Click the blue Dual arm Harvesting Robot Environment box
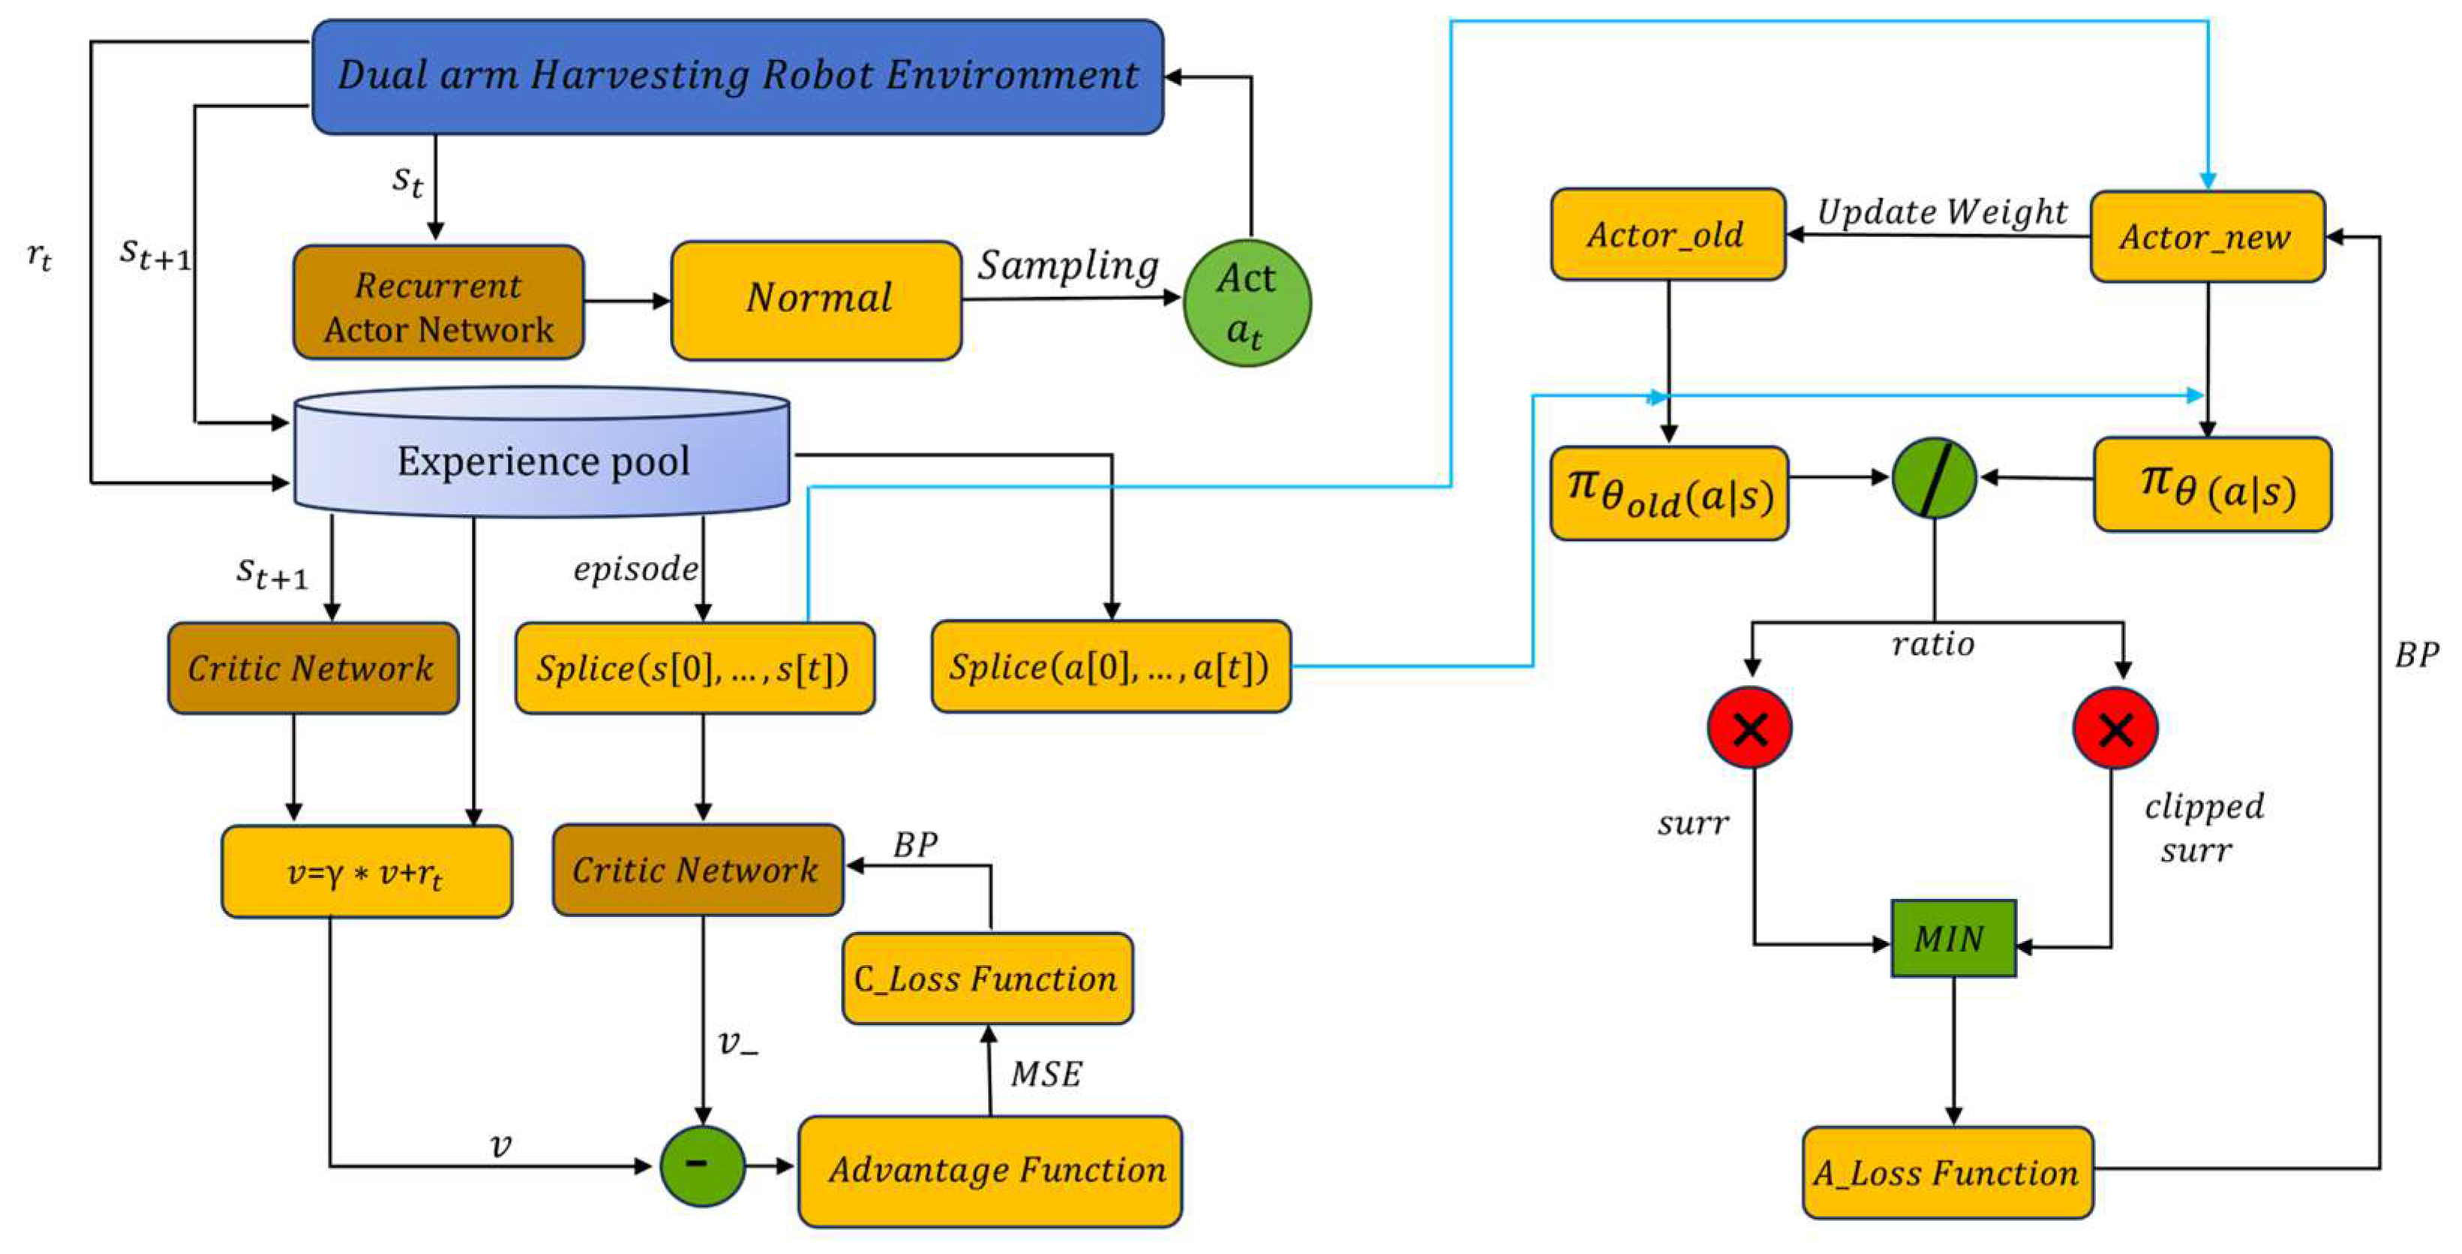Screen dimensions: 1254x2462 pyautogui.click(x=737, y=77)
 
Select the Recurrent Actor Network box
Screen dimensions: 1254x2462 pyautogui.click(x=438, y=303)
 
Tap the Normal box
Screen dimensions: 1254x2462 pyautogui.click(x=816, y=300)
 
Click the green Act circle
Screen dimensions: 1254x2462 pyautogui.click(x=1246, y=303)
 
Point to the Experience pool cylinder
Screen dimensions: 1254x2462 pyautogui.click(x=542, y=461)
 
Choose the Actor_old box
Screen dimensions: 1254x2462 pyautogui.click(x=1668, y=234)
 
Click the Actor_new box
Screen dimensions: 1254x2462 pyautogui.click(x=2207, y=236)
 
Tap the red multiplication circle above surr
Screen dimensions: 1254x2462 pyautogui.click(x=1750, y=729)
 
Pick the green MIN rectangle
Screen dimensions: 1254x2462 pyautogui.click(x=1953, y=939)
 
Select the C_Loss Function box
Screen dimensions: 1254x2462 pyautogui.click(x=987, y=979)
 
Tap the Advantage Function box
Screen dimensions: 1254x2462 pyautogui.click(x=990, y=1171)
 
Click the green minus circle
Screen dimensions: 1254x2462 pyautogui.click(x=701, y=1165)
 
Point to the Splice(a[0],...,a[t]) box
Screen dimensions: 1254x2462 pyautogui.click(x=1110, y=667)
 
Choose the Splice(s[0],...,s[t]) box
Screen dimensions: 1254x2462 pyautogui.click(x=695, y=668)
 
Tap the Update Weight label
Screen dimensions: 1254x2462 pyautogui.click(x=1941, y=211)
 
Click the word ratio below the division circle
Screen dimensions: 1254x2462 pyautogui.click(x=1932, y=644)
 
